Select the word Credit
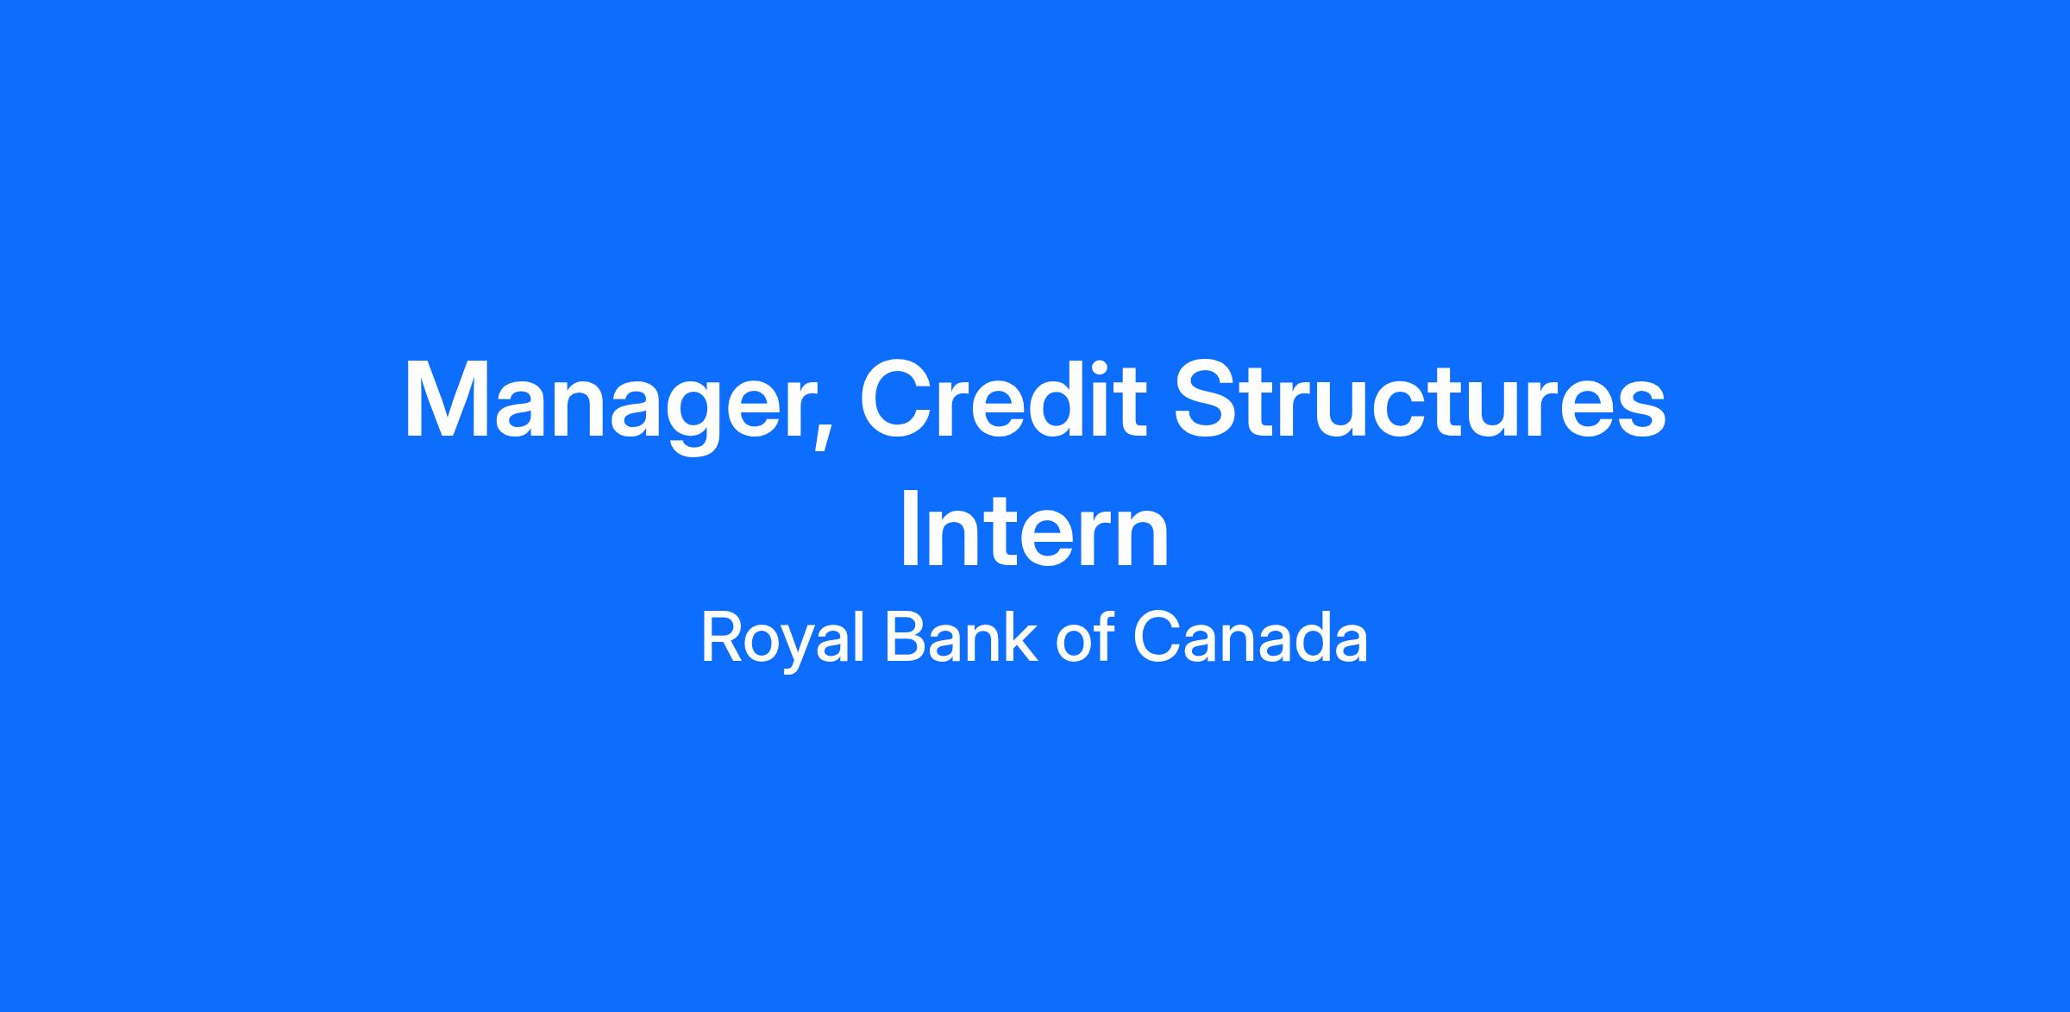[1003, 399]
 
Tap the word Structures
[1420, 399]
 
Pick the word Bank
[962, 638]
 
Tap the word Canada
[1250, 638]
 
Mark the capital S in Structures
[1208, 399]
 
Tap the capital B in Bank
[906, 638]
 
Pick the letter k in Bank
[1021, 638]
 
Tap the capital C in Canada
[1157, 638]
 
